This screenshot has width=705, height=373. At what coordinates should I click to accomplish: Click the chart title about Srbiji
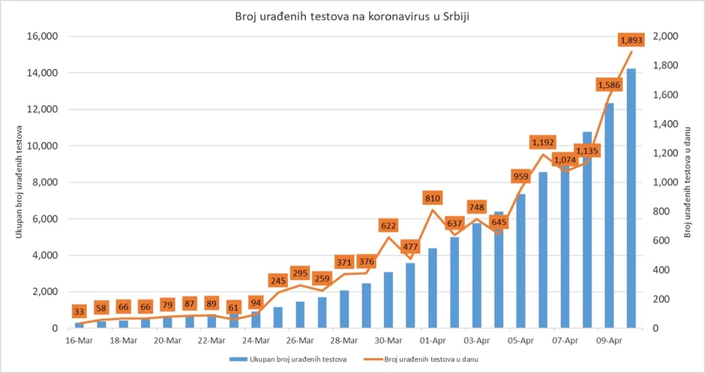(352, 16)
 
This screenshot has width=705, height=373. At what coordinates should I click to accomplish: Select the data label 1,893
(631, 40)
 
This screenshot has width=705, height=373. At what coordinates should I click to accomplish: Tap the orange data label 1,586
(609, 85)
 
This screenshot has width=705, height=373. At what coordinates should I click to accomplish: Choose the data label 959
(520, 176)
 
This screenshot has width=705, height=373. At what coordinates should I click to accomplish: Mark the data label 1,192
(542, 142)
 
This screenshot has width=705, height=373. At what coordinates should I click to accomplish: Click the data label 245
(277, 281)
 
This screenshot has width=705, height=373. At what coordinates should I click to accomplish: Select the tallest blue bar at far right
(631, 198)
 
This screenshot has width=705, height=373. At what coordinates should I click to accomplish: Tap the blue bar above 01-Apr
(432, 288)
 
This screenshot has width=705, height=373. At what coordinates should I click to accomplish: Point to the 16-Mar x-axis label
(79, 339)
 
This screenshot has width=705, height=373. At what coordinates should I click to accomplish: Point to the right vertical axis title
(688, 182)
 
